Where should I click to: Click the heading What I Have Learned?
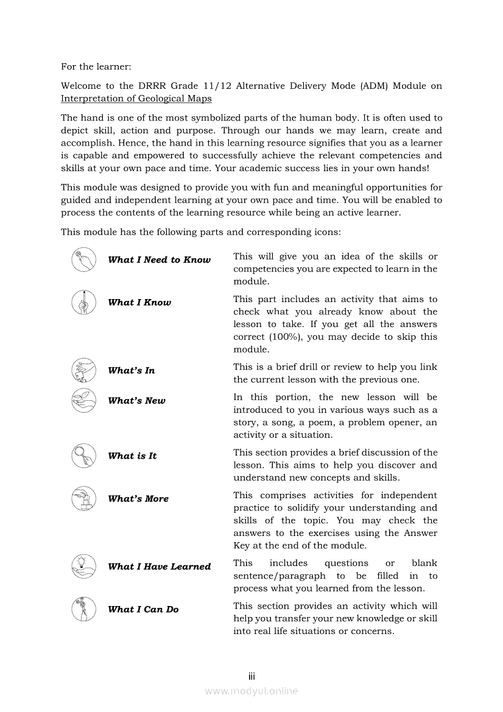pos(159,566)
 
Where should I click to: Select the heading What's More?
pos(138,499)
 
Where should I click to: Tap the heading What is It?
pos(132,456)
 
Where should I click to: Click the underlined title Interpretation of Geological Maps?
pos(136,99)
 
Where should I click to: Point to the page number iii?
pos(251,677)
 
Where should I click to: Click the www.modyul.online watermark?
pos(251,691)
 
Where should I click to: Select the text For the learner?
pos(96,66)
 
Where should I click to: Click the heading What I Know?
pos(139,303)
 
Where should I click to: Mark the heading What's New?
pos(136,401)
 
